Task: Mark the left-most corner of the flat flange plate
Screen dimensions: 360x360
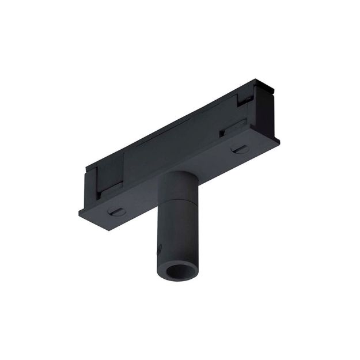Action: tap(78, 212)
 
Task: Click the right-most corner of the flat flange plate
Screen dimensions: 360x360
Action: tap(280, 140)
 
